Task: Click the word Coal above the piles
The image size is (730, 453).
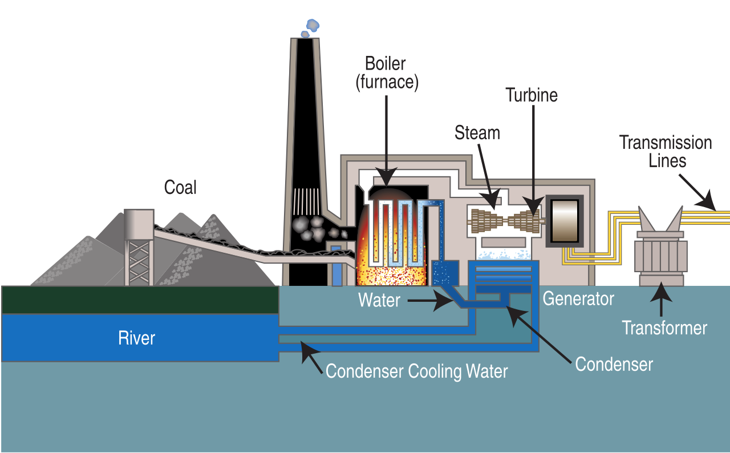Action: (180, 187)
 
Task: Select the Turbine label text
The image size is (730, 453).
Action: (532, 95)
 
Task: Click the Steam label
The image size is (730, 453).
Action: (477, 133)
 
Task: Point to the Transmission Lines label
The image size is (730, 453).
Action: (666, 151)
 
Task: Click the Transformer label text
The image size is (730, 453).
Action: (664, 328)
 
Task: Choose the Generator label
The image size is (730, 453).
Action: (578, 298)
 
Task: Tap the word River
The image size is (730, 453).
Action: (137, 338)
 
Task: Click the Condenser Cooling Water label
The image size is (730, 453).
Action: (416, 371)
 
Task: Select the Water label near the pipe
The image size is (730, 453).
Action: (379, 300)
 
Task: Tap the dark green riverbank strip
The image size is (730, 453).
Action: (140, 300)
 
